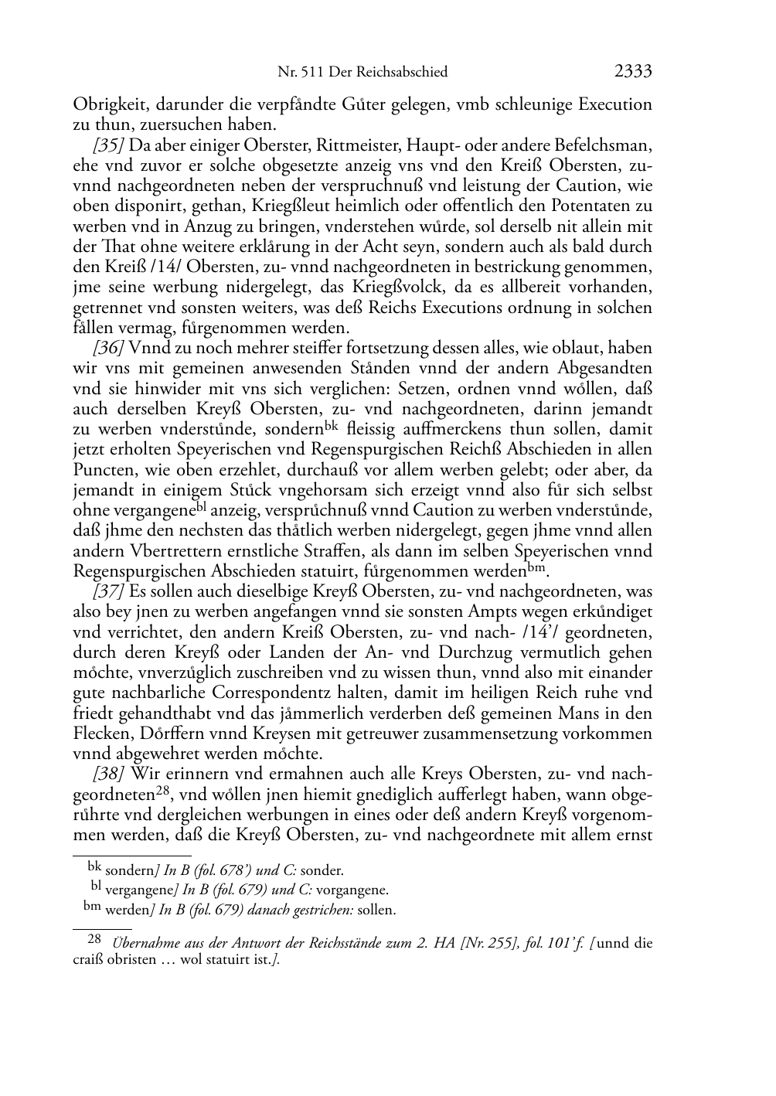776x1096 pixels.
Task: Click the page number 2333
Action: [633, 72]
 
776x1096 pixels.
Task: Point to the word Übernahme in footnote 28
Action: [148, 944]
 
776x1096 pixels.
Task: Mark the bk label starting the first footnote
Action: [94, 867]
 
